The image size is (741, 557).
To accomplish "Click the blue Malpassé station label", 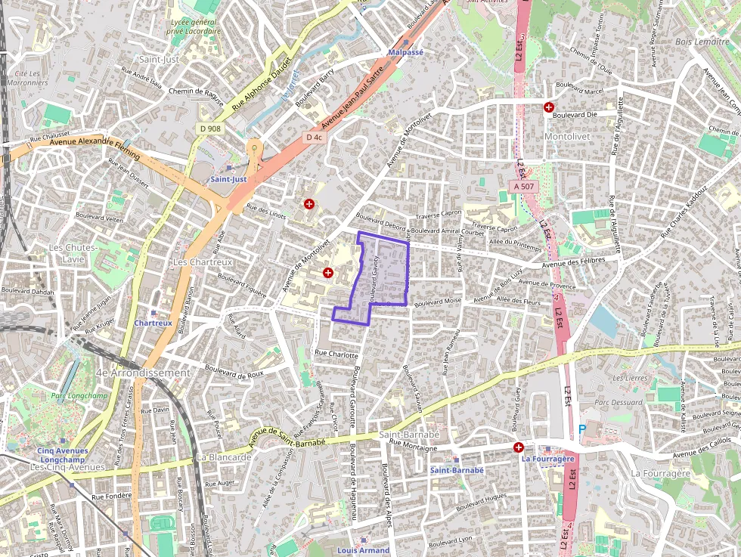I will click(x=405, y=52).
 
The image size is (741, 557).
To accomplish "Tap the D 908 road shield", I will click(x=211, y=128).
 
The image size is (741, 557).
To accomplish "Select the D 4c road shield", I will click(x=314, y=138).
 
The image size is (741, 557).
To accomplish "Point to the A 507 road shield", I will click(x=522, y=186).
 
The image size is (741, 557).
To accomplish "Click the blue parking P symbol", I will click(x=581, y=429).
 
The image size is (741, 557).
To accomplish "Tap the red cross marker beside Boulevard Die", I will click(x=548, y=107).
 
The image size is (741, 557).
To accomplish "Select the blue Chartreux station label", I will click(x=153, y=323).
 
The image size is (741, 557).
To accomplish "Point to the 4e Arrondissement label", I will click(x=144, y=373).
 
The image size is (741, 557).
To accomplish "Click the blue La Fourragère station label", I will click(x=548, y=459).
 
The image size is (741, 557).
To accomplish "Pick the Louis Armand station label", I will click(x=363, y=550).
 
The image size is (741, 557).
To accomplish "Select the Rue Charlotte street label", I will click(x=336, y=354).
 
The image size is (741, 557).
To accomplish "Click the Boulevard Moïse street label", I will click(x=437, y=301).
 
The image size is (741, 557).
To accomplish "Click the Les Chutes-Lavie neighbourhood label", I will click(x=73, y=253).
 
